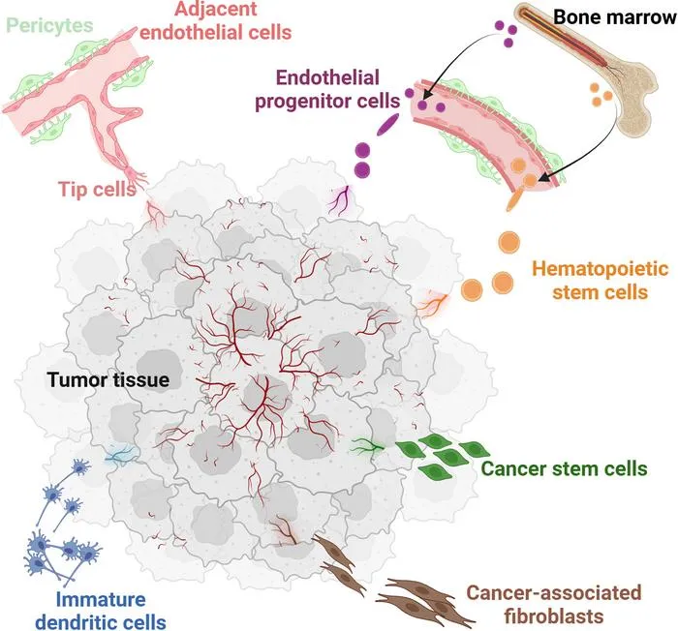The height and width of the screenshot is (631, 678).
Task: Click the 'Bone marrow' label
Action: pyautogui.click(x=615, y=17)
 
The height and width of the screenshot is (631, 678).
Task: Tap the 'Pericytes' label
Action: pyautogui.click(x=49, y=25)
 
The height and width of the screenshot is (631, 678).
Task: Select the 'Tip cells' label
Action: pyautogui.click(x=97, y=189)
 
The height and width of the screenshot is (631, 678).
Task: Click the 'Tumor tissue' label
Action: pyautogui.click(x=108, y=380)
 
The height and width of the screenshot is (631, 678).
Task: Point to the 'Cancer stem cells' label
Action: pyautogui.click(x=565, y=468)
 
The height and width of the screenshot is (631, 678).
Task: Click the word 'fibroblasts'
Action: pyautogui.click(x=553, y=616)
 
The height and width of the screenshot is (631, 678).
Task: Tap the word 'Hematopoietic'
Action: pyautogui.click(x=601, y=268)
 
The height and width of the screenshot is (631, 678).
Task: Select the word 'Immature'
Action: pyautogui.click(x=101, y=599)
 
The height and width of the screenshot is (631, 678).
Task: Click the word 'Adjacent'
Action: pyautogui.click(x=216, y=9)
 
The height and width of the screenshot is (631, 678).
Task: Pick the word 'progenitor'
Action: pyautogui.click(x=301, y=102)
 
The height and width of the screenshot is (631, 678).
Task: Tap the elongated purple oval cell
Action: pyautogui.click(x=388, y=125)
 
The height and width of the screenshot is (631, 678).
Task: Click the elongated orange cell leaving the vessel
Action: pyautogui.click(x=515, y=197)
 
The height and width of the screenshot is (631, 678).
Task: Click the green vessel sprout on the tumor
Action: pyautogui.click(x=367, y=445)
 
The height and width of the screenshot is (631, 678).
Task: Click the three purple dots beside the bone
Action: pyautogui.click(x=506, y=33)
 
